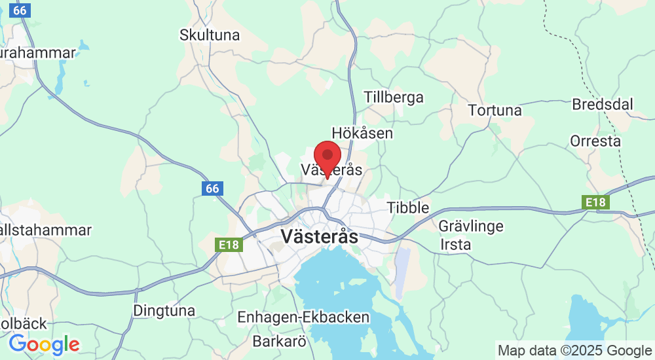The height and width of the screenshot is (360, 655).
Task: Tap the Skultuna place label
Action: pos(210,35)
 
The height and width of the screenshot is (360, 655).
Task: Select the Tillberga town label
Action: pos(394,98)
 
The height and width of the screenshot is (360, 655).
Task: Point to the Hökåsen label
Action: pos(362,133)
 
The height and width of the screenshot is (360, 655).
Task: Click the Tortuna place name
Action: pos(495,110)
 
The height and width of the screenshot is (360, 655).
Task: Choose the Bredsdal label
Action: pos(603,104)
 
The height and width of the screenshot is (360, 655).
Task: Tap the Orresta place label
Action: pos(595,141)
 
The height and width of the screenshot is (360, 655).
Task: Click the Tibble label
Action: pos(407,207)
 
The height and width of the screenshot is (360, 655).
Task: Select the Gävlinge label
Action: pos(471,226)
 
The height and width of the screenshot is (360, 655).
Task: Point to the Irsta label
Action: pos(455,244)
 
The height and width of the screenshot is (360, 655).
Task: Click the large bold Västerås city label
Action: pos(319,236)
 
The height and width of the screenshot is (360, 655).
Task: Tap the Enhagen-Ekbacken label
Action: pos(303,317)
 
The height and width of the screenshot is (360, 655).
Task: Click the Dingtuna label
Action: pos(164,310)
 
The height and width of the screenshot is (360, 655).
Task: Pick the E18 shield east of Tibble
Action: pos(596,202)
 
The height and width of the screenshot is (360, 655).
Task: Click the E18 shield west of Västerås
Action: pos(229,245)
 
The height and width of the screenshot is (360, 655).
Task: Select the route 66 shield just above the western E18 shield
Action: pos(212,189)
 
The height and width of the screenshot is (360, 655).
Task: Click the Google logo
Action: pos(44,344)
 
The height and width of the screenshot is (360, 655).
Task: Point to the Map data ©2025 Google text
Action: pos(574,350)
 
